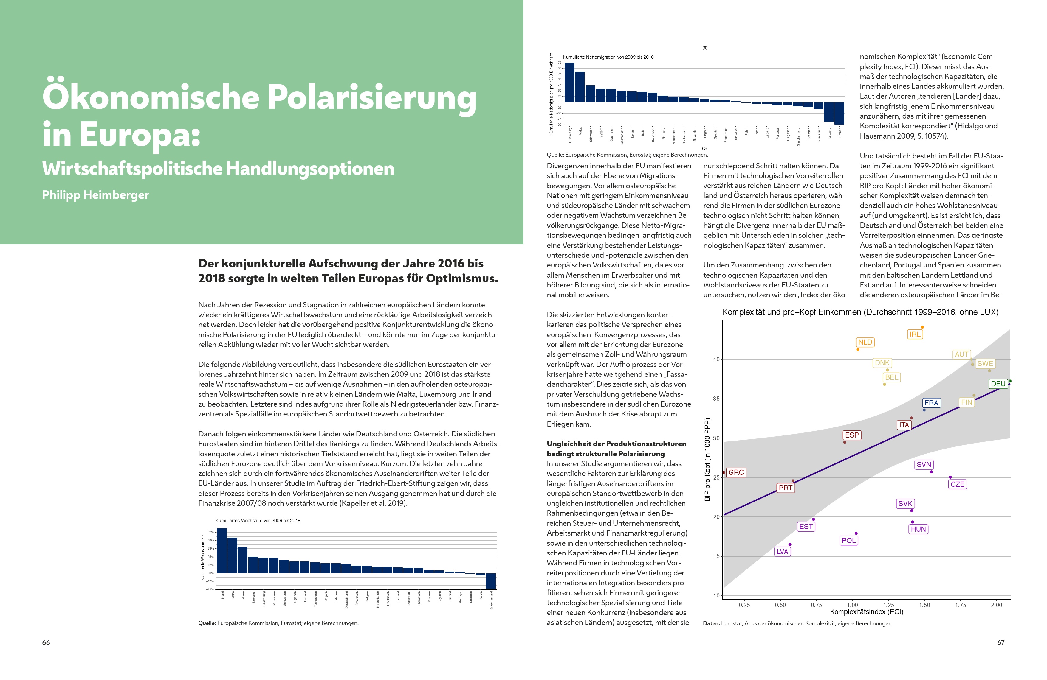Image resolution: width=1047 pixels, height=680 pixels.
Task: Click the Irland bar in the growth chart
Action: [222, 550]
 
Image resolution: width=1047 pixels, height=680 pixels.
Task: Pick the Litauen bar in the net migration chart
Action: [840, 113]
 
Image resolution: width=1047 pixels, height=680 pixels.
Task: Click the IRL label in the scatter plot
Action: [915, 334]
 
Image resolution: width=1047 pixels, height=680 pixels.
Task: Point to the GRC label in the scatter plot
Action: [736, 472]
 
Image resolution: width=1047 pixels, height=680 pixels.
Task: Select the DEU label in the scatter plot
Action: [998, 384]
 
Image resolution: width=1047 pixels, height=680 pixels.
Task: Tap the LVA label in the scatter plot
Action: [782, 552]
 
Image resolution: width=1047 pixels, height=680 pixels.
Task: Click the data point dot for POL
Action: [856, 533]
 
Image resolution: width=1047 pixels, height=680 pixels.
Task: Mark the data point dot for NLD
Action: [858, 349]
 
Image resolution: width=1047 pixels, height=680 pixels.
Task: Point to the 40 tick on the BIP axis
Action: [716, 360]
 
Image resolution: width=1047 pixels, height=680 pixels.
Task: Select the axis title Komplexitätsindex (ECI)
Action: [867, 612]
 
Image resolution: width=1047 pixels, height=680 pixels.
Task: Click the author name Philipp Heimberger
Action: [95, 195]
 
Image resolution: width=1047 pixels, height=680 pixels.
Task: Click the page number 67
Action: [1001, 643]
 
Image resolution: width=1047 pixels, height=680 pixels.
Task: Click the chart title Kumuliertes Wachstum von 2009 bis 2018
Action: [258, 520]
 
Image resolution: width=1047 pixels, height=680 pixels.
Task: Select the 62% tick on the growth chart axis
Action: [211, 532]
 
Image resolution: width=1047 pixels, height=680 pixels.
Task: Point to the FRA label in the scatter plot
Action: [931, 403]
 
